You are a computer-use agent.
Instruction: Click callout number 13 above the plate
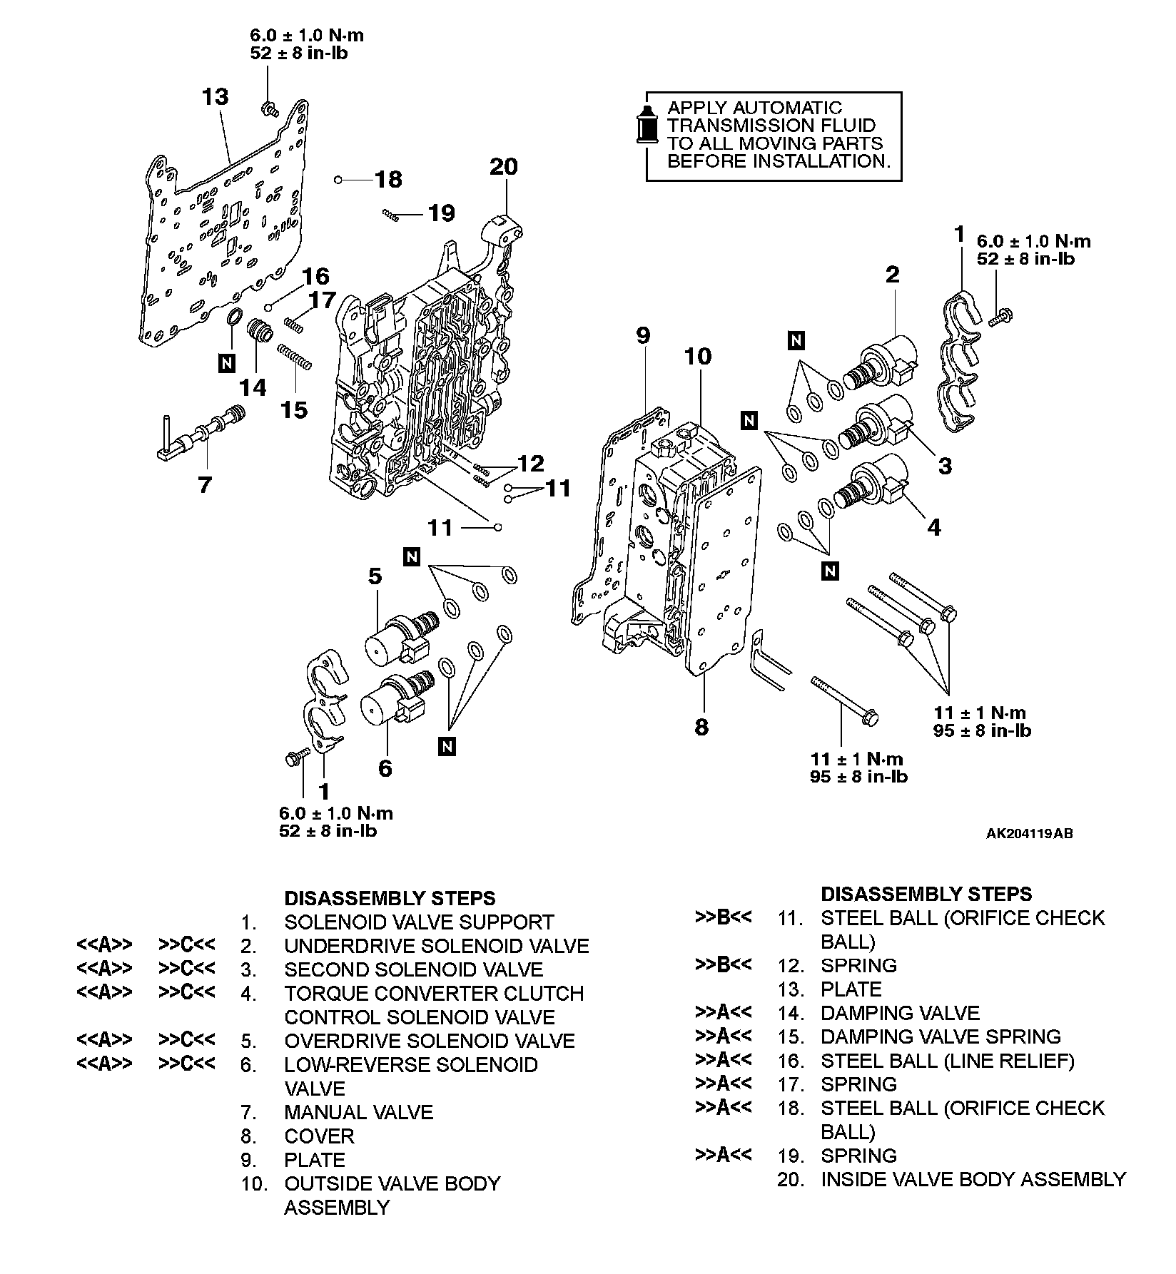(216, 96)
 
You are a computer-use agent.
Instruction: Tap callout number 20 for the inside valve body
(504, 166)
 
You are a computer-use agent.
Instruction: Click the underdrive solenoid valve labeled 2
(885, 360)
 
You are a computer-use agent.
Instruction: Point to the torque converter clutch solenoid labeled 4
(876, 485)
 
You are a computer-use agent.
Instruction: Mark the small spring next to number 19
(389, 213)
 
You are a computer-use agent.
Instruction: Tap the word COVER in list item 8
(319, 1136)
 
